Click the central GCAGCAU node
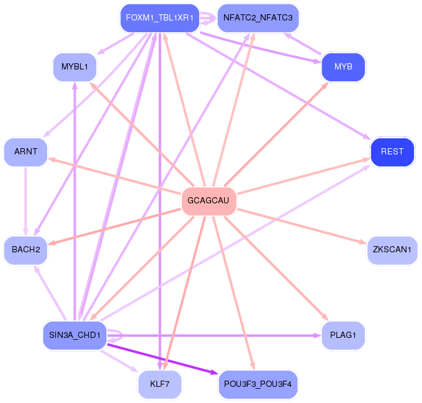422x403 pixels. [x=209, y=201]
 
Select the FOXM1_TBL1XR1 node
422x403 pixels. [x=159, y=18]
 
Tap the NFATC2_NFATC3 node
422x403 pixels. [x=258, y=18]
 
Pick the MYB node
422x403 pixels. [x=343, y=66]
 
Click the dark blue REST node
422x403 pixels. [x=392, y=152]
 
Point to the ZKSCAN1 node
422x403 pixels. [x=392, y=250]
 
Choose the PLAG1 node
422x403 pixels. [x=343, y=335]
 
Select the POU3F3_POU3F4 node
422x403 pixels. [x=258, y=384]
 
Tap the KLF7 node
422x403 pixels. [x=159, y=384]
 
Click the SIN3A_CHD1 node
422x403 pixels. [x=74, y=335]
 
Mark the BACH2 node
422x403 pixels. [x=25, y=250]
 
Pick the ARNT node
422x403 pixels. [x=25, y=152]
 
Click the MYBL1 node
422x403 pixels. [x=74, y=66]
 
